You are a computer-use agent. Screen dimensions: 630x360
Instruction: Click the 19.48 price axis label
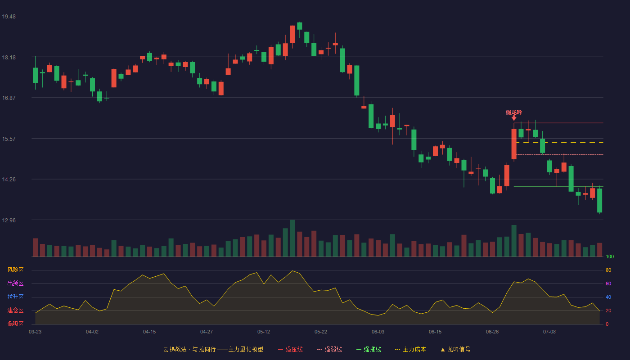click(9, 17)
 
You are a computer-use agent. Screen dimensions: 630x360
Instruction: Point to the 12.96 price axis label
click(9, 220)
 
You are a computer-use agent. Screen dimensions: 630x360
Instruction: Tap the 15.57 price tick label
click(9, 139)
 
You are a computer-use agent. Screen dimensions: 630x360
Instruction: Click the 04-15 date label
click(149, 332)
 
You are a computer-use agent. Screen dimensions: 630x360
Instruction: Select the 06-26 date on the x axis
click(492, 332)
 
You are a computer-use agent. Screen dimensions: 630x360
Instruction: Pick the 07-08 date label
click(549, 332)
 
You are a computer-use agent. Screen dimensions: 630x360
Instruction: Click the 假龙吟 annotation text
click(514, 112)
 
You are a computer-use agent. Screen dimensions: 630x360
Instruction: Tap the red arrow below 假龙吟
click(514, 118)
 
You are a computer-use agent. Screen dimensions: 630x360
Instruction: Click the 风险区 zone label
click(15, 270)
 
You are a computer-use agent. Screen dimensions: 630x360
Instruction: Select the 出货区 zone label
click(15, 283)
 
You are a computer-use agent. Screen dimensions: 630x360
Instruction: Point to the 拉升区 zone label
click(15, 297)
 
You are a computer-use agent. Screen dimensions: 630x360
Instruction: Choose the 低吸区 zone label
click(15, 324)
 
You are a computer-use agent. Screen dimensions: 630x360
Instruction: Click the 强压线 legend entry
click(291, 349)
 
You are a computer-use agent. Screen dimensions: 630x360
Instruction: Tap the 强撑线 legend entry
click(369, 349)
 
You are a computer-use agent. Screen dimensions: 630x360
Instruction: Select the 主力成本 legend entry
click(410, 349)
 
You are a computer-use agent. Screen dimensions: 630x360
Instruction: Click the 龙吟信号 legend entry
click(455, 349)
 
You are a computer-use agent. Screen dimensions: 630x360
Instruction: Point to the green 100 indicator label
click(610, 256)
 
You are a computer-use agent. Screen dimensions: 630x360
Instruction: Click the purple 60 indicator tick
click(608, 283)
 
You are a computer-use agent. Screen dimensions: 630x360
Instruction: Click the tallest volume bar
click(292, 238)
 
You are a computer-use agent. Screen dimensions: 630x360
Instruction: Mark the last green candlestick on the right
click(599, 200)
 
